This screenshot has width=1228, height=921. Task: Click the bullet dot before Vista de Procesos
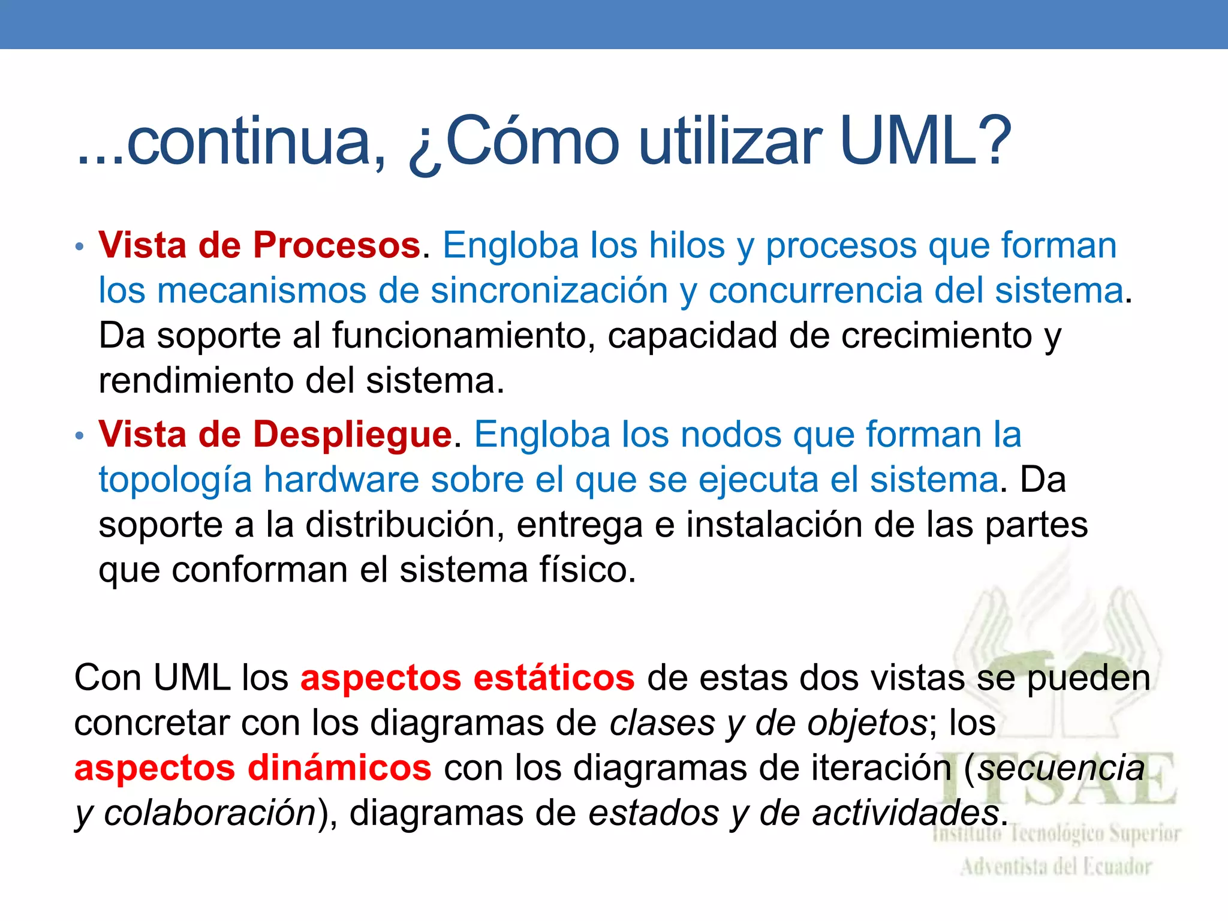pyautogui.click(x=80, y=246)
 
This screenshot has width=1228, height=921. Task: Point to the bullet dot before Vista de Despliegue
pyautogui.click(x=80, y=435)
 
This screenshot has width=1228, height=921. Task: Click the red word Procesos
pyautogui.click(x=336, y=245)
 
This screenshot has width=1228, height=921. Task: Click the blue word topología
pyautogui.click(x=175, y=480)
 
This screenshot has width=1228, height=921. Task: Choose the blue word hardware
pyautogui.click(x=341, y=480)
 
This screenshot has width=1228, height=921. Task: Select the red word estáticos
pyautogui.click(x=553, y=678)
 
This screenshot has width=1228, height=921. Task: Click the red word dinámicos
pyautogui.click(x=339, y=768)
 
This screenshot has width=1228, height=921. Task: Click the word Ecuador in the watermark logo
pyautogui.click(x=1115, y=867)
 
